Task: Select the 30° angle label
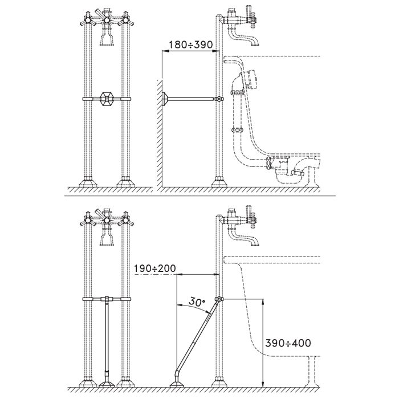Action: [196, 304]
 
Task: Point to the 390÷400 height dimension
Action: [288, 343]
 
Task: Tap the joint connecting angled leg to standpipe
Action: [219, 300]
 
